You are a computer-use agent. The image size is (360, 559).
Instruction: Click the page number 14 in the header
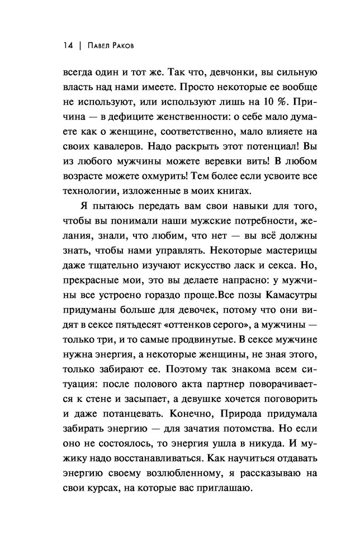(67, 46)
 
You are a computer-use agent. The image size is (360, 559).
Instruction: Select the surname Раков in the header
(132, 46)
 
